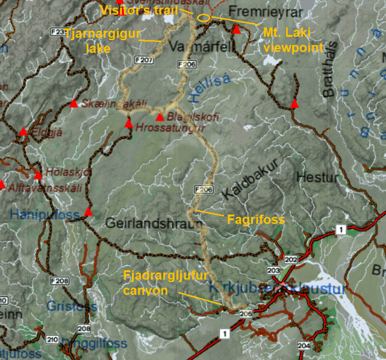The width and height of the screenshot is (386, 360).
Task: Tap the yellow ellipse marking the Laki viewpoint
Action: [x=204, y=18]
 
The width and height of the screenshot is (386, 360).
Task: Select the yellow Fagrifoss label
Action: [x=256, y=220]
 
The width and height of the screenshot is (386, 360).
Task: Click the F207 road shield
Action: [x=144, y=60]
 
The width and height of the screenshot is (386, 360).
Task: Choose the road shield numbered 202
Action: [x=291, y=259]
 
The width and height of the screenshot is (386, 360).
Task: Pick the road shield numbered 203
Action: [x=273, y=271]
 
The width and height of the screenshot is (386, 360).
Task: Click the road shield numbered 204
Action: [x=304, y=346]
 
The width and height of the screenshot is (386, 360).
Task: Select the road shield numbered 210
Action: [x=52, y=339]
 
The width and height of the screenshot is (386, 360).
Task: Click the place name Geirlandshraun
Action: [x=151, y=224]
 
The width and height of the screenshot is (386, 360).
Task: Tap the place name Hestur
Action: [x=318, y=177]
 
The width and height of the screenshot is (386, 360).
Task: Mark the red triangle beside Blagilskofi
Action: [x=160, y=118]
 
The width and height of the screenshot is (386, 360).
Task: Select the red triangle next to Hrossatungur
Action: [x=129, y=123]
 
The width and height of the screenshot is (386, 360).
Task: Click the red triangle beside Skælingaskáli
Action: [x=73, y=104]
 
